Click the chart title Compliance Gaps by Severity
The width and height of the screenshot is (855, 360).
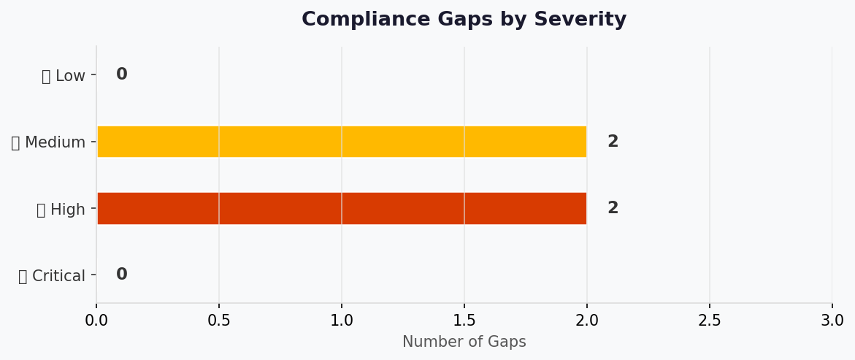(464, 20)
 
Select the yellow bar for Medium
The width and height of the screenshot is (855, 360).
(341, 142)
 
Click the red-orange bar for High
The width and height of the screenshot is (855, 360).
(341, 208)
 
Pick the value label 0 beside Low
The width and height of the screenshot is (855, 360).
(121, 74)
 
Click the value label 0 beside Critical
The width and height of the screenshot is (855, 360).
(121, 275)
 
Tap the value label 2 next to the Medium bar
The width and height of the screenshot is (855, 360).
(613, 142)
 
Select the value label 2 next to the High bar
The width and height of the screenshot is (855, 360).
(613, 208)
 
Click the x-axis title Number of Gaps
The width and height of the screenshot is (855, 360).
(464, 342)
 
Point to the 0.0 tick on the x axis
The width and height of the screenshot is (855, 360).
(96, 321)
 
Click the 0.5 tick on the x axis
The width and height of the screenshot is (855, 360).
(219, 321)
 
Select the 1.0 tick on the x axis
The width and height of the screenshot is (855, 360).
(342, 321)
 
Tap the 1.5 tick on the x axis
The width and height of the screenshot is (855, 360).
(464, 321)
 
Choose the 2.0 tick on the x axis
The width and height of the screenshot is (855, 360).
(587, 321)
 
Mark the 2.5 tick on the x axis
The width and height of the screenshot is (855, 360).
(710, 321)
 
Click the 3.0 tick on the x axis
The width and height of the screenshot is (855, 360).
(832, 321)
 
